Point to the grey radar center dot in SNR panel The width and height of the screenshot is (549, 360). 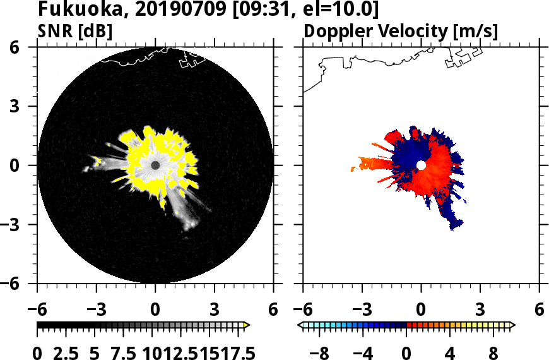155,165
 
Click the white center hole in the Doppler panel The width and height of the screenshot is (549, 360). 421,165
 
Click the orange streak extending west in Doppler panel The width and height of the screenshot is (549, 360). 372,165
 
